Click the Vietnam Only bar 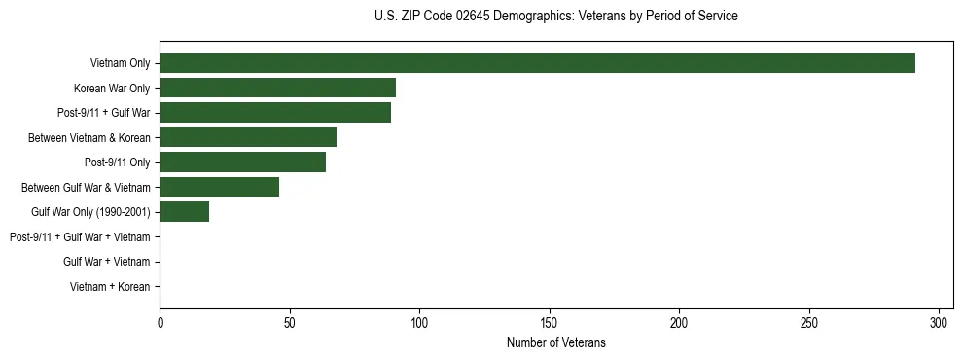537,63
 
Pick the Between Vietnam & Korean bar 248,137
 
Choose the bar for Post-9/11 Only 242,162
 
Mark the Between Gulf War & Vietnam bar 219,187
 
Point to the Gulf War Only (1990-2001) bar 184,212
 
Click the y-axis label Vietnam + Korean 110,287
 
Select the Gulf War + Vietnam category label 107,262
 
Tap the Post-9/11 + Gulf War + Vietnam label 80,237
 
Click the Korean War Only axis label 112,89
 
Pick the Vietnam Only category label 120,63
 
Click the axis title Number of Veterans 555,342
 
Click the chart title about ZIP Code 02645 555,17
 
